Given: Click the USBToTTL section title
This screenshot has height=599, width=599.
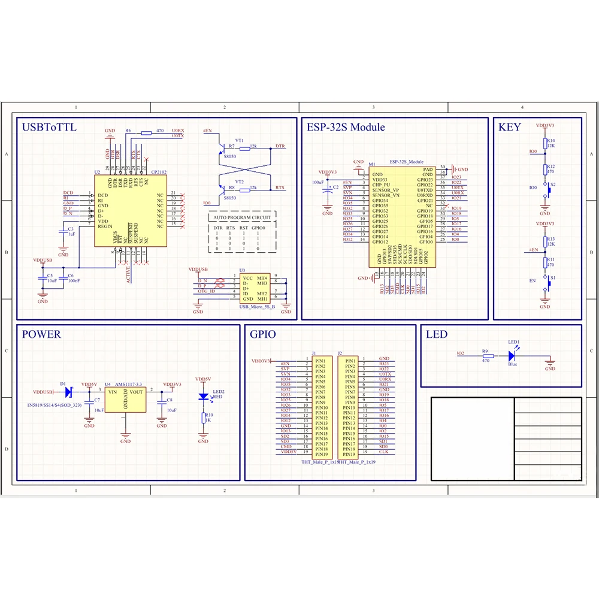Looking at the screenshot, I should pyautogui.click(x=49, y=127).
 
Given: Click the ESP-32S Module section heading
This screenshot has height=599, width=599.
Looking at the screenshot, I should pyautogui.click(x=346, y=127).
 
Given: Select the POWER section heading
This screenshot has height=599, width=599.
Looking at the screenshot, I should pyautogui.click(x=41, y=334).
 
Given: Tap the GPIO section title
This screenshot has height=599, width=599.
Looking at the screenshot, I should pyautogui.click(x=263, y=334).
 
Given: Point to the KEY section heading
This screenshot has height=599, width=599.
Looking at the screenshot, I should pyautogui.click(x=510, y=127).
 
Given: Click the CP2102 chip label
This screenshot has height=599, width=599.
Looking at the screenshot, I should pyautogui.click(x=159, y=172).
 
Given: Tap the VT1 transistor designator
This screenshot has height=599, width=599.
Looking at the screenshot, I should pyautogui.click(x=240, y=140).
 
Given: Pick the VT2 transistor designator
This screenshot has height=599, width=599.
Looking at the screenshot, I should pyautogui.click(x=240, y=181).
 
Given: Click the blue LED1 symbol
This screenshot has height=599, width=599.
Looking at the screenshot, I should pyautogui.click(x=511, y=355).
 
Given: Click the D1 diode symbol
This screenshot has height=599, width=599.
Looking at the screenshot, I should pyautogui.click(x=68, y=392).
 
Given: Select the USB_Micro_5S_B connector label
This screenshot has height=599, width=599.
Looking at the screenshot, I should pyautogui.click(x=257, y=307).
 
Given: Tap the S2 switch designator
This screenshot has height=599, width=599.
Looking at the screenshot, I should pyautogui.click(x=553, y=184).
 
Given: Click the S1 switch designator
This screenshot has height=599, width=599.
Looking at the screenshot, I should pyautogui.click(x=553, y=278).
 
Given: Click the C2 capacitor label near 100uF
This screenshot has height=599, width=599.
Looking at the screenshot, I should pyautogui.click(x=336, y=187).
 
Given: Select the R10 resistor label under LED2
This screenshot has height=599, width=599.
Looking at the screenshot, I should pyautogui.click(x=209, y=415).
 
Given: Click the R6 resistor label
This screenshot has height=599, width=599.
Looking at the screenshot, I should pyautogui.click(x=128, y=130).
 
